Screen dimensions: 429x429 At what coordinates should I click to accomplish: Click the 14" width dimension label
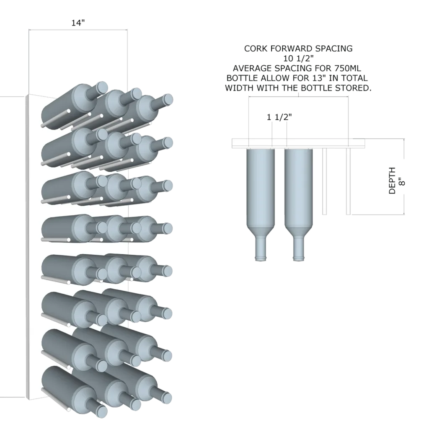[x=78, y=23]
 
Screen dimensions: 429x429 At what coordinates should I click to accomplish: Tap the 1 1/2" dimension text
[x=279, y=117]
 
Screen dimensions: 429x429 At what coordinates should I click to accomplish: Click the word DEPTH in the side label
[x=392, y=181]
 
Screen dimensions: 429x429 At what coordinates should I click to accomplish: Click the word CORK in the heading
[x=256, y=49]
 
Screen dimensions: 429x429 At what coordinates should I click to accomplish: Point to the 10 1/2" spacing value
[x=298, y=58]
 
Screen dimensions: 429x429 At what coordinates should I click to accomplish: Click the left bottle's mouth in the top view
[x=261, y=259]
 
